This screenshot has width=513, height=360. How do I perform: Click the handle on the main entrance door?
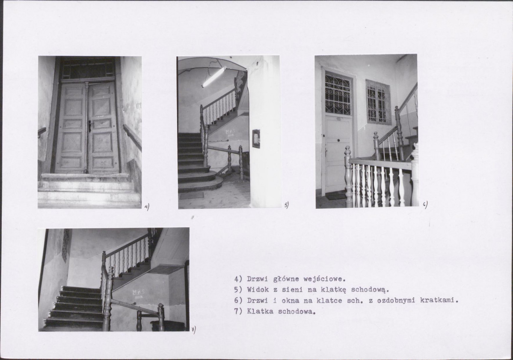(90, 126)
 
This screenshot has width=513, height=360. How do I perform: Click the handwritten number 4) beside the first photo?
(147, 207)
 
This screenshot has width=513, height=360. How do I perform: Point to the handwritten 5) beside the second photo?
(286, 205)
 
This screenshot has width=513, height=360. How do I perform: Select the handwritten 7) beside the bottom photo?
(193, 330)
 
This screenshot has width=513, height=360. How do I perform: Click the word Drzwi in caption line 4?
(257, 279)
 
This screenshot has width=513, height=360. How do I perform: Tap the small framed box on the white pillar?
(256, 138)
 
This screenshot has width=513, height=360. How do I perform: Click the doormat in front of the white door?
(336, 196)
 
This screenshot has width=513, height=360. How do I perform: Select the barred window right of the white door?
(379, 102)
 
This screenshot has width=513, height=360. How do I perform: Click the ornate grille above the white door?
(338, 94)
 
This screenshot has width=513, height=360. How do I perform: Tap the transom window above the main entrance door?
(88, 69)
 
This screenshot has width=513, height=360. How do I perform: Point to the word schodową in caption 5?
(370, 290)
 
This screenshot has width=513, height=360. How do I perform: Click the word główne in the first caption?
(286, 279)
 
